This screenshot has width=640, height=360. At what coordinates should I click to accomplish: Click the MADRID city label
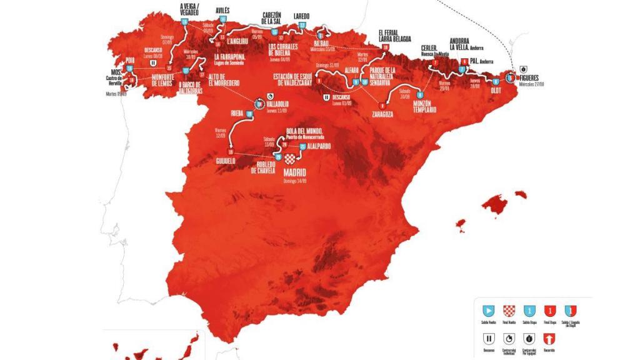[x=295, y=171]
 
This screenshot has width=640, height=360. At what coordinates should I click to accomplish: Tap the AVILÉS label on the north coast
[x=222, y=11]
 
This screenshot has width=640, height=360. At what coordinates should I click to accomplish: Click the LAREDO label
[x=301, y=17]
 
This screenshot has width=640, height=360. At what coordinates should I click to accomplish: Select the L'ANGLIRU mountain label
[x=239, y=42]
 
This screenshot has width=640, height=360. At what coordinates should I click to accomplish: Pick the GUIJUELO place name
[x=226, y=160]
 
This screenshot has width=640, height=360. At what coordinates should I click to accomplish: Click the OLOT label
[x=497, y=89]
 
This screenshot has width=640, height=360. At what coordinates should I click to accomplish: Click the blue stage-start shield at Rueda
[x=249, y=114]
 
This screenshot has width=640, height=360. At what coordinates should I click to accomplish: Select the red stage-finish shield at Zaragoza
[x=381, y=104]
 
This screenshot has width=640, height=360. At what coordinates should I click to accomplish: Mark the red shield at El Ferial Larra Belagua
[x=386, y=47]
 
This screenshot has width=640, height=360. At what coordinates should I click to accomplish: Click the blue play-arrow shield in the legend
[x=487, y=310]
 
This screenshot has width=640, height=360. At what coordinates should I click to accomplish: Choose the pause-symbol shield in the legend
[x=487, y=338]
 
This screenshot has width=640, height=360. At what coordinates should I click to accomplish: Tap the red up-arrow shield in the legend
[x=550, y=338]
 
